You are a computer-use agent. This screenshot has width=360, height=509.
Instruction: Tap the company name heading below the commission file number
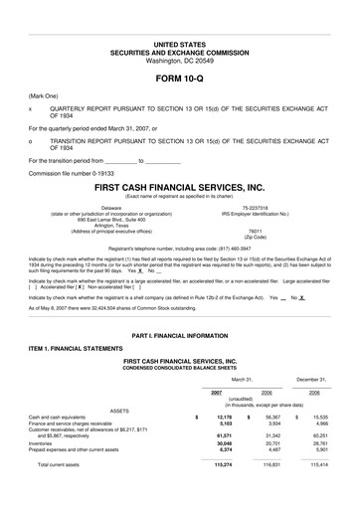[179, 186]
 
